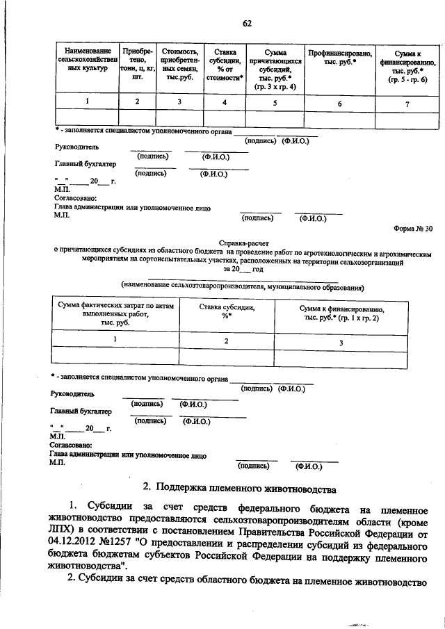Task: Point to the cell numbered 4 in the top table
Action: [x=224, y=103]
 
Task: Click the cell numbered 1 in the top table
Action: [x=87, y=103]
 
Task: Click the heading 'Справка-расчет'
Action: [x=243, y=243]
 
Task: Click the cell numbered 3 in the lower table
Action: [x=341, y=343]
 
